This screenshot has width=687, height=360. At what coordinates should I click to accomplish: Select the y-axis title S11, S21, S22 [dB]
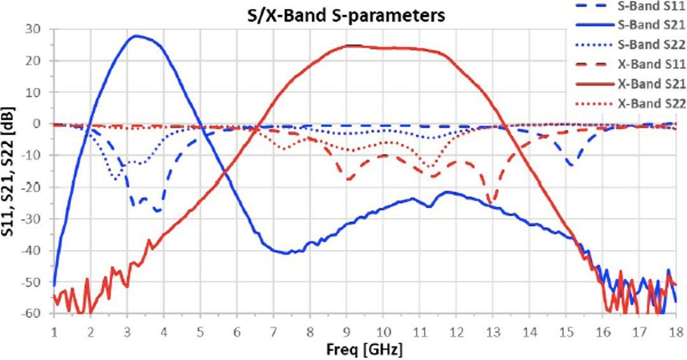(10, 172)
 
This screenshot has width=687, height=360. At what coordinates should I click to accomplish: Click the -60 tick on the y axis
(36, 314)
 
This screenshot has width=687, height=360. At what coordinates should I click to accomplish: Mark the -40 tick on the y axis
(36, 251)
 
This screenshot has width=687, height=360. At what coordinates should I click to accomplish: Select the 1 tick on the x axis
(54, 331)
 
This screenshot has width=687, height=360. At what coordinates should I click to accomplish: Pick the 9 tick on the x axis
(347, 331)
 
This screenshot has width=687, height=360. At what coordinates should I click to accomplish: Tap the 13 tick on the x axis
(492, 331)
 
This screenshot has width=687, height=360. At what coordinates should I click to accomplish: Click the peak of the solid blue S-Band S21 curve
(136, 36)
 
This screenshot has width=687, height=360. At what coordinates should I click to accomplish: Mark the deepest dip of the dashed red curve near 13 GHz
(490, 204)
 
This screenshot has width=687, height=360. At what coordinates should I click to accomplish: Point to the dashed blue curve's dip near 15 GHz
(570, 166)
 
